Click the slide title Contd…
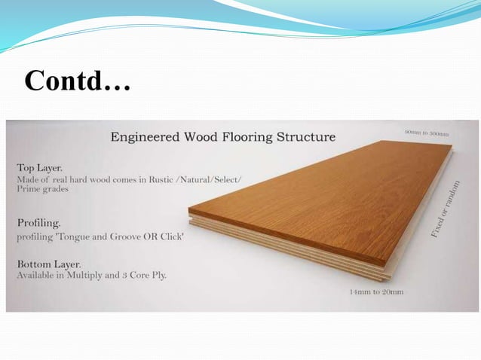pos(77,81)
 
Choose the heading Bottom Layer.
pos(49,264)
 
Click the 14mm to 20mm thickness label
pos(376,291)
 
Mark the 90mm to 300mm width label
pos(426,133)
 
